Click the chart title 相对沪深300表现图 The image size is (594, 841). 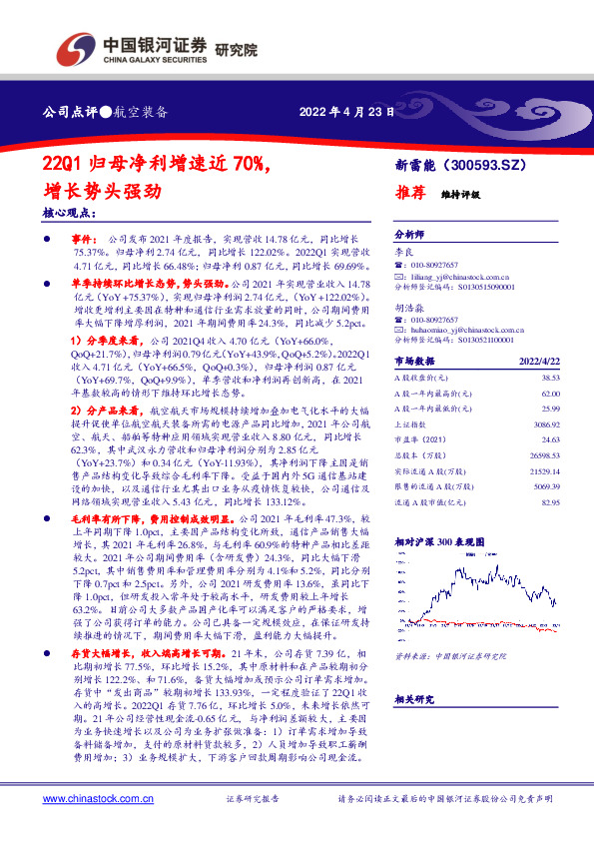(x=440, y=540)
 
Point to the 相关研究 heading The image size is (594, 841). (x=412, y=671)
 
